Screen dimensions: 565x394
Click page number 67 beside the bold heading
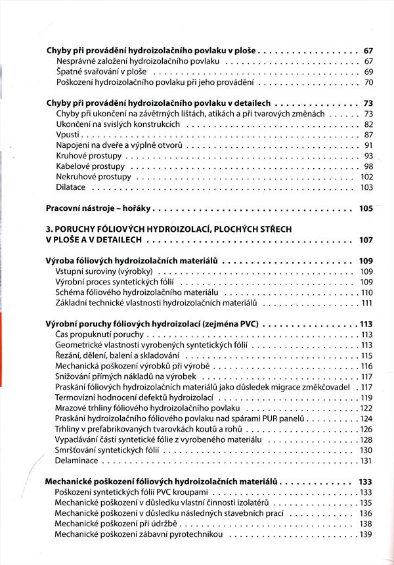click(368, 50)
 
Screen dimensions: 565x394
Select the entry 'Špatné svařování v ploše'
click(102, 72)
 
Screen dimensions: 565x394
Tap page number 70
click(368, 82)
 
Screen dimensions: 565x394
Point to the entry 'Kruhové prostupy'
click(89, 156)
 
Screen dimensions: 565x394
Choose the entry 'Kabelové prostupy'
click(91, 166)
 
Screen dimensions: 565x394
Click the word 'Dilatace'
click(71, 187)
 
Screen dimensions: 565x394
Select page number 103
click(366, 187)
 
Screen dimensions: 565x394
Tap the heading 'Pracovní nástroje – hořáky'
click(99, 208)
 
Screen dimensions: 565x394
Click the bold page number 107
click(366, 240)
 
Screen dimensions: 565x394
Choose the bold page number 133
click(366, 482)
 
